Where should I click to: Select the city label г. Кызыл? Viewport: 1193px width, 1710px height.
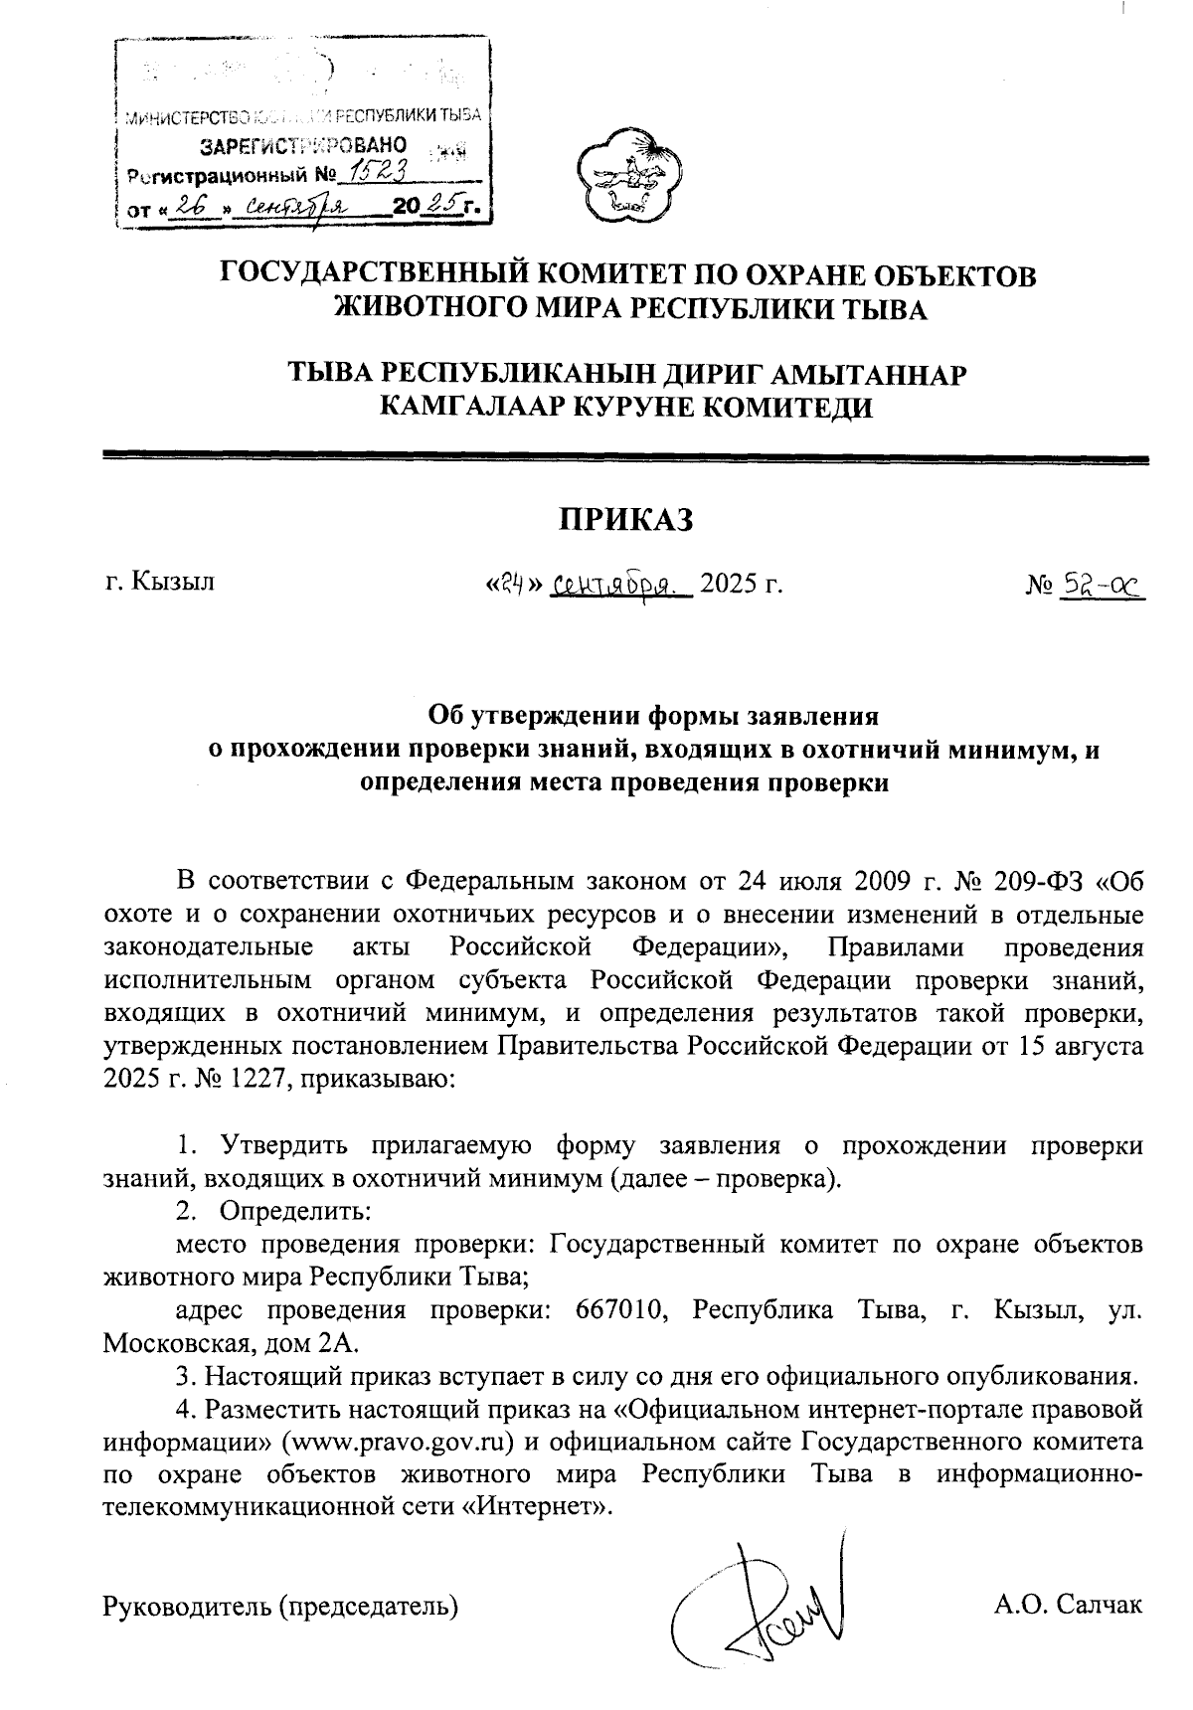click(x=159, y=583)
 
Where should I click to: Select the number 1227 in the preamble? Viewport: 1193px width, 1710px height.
click(x=253, y=1080)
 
